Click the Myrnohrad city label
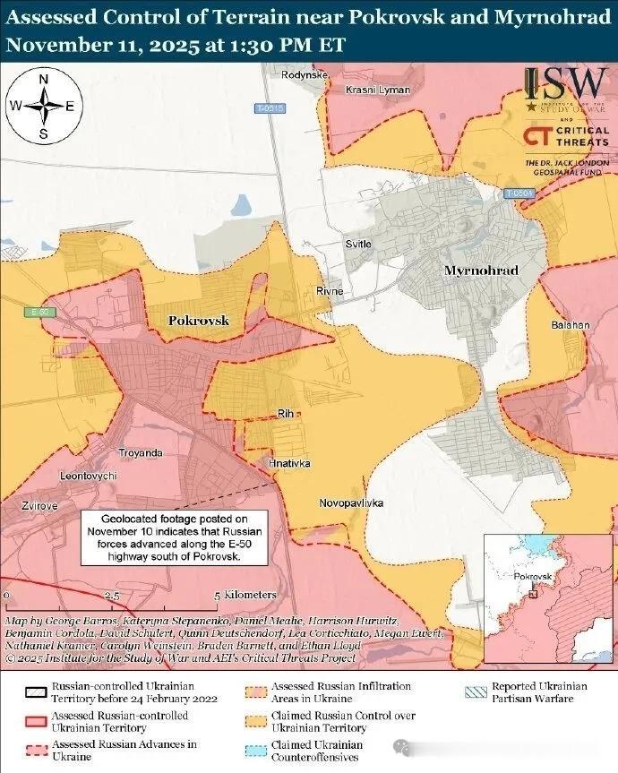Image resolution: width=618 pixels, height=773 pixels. click(x=481, y=270)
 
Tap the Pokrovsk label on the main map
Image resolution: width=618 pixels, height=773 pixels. click(x=199, y=320)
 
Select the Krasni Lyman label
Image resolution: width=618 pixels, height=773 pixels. click(x=378, y=90)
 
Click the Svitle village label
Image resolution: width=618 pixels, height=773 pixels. click(x=358, y=244)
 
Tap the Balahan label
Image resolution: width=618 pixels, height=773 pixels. click(x=571, y=324)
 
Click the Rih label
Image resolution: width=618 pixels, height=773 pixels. click(x=286, y=412)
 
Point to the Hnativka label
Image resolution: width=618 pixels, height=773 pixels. click(x=289, y=463)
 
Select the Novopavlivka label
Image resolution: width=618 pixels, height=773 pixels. click(x=351, y=503)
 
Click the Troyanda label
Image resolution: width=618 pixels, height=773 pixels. click(x=141, y=452)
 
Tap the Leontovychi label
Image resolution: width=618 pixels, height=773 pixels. click(x=88, y=476)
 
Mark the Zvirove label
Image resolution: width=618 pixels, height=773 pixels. click(x=40, y=506)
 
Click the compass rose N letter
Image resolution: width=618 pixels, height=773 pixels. click(x=44, y=79)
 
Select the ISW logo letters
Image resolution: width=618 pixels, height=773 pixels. click(x=567, y=85)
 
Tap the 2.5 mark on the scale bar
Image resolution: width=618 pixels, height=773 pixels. click(x=113, y=595)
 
